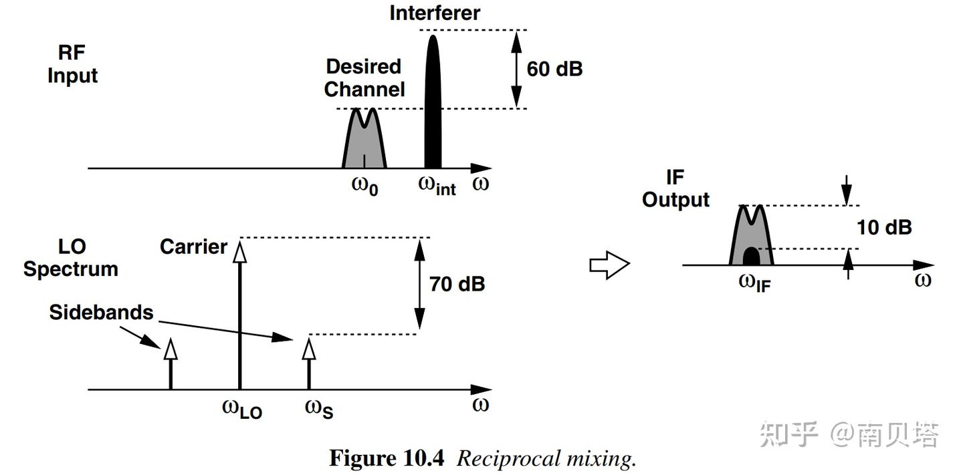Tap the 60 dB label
tap(554, 69)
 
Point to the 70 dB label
tap(457, 284)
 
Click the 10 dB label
tap(884, 227)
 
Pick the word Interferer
tap(435, 13)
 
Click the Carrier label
tap(193, 247)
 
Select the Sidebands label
tap(101, 312)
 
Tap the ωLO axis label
tap(241, 408)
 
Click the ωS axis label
tap(319, 408)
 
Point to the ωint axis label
tap(437, 185)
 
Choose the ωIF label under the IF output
tap(754, 283)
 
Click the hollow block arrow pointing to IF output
tap(609, 265)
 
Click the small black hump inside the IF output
tap(752, 257)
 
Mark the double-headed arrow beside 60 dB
tap(516, 69)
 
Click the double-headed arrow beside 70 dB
tap(419, 284)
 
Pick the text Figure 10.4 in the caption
tap(387, 458)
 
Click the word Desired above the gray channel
tap(363, 67)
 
